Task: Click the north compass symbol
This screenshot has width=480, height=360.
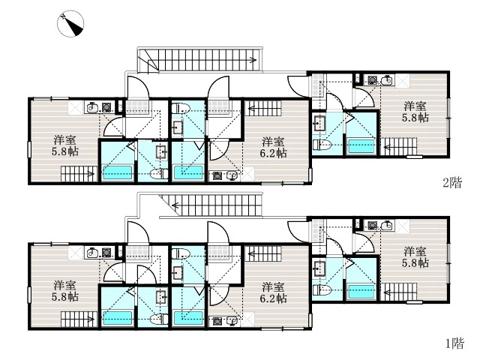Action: click(x=70, y=23)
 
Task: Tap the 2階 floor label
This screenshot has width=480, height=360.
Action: click(x=452, y=183)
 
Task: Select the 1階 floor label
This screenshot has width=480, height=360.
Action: click(x=454, y=343)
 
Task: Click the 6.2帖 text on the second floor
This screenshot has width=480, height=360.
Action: click(x=273, y=153)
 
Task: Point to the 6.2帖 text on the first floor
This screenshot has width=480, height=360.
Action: click(x=273, y=298)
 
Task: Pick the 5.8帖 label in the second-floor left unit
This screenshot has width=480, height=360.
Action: click(x=65, y=151)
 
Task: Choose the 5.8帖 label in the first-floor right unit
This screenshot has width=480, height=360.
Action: click(x=415, y=263)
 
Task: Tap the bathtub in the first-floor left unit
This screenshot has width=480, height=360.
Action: click(x=117, y=318)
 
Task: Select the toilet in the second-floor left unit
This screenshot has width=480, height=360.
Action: click(x=160, y=174)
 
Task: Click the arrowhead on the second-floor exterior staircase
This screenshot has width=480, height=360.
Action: click(x=253, y=60)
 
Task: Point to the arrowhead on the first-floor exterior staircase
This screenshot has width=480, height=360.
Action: click(x=175, y=205)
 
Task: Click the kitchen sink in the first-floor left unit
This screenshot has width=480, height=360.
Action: click(x=92, y=253)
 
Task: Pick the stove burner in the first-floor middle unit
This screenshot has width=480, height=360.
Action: click(x=217, y=322)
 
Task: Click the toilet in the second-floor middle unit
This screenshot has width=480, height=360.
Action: click(x=180, y=108)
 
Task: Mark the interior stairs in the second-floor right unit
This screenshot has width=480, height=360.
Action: click(x=399, y=147)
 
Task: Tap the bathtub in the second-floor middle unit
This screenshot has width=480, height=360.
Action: click(x=188, y=172)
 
